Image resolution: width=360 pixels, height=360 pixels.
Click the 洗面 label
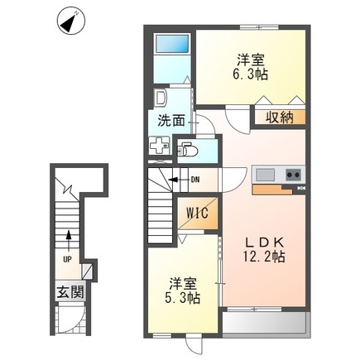click(x=171, y=120)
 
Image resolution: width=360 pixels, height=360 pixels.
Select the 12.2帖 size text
click(x=262, y=257)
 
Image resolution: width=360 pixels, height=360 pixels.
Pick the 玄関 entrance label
click(x=68, y=292)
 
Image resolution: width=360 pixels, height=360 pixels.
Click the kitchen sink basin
click(x=265, y=174)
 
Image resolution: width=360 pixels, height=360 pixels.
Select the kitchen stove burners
click(x=294, y=174)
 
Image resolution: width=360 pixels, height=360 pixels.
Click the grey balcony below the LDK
click(x=265, y=324)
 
